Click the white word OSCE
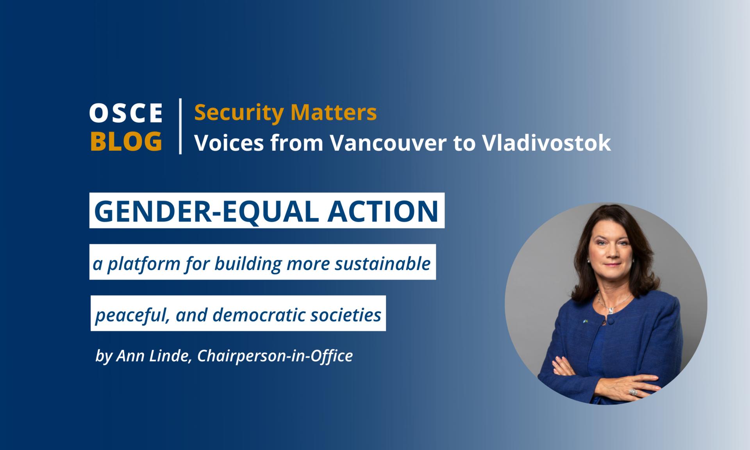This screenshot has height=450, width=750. coord(126,113)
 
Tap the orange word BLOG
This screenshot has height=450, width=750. coord(126,141)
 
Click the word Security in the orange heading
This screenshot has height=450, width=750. coord(239,113)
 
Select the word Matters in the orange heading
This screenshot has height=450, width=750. coord(334,112)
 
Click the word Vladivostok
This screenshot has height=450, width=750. coord(546,143)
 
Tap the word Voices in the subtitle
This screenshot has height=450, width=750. coord(229,143)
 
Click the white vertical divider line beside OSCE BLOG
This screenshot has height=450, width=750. coord(180,126)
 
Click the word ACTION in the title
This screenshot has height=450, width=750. coord(383,211)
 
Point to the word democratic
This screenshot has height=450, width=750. coord(259,315)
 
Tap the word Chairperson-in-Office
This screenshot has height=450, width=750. coord(275,356)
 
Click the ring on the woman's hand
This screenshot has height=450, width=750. coord(633,392)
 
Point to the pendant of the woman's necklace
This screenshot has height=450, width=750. coord(610,311)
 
